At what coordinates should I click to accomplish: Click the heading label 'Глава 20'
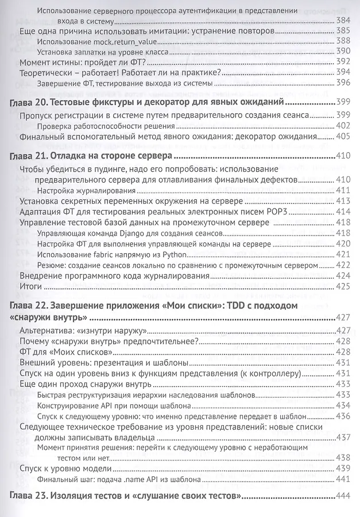pos(32,103)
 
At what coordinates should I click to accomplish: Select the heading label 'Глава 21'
pos(32,156)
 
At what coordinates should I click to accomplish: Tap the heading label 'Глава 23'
pos(32,496)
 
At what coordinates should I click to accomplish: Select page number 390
pos(343,52)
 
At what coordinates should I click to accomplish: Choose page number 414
pos(343,211)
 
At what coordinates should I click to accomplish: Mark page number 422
pos(343,265)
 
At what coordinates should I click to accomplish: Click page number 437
pos(343,437)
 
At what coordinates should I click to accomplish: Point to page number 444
pos(343,496)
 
